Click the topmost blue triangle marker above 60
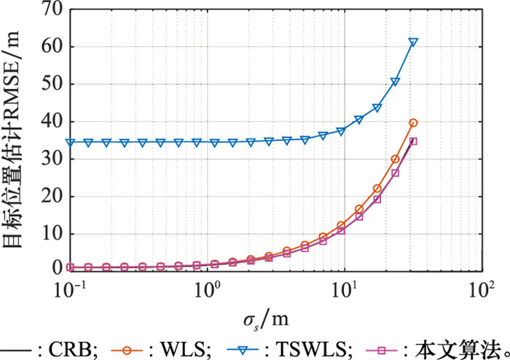point(413,42)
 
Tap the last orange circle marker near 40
point(413,122)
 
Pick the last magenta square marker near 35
point(413,141)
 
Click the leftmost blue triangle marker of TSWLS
point(71,142)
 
